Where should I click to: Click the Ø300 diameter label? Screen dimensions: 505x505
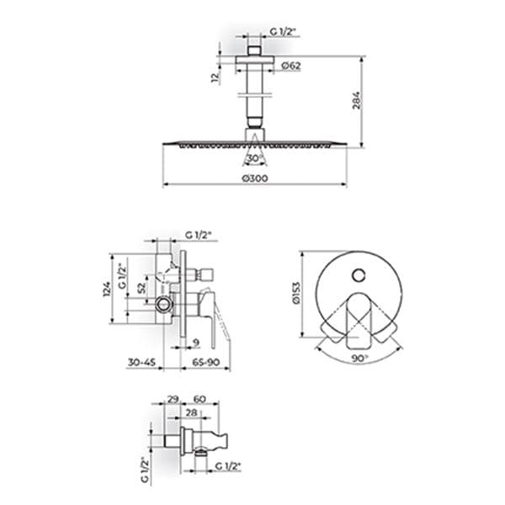click(x=255, y=178)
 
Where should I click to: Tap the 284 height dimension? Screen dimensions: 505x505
click(x=356, y=100)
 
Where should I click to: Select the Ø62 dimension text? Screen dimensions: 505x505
click(x=291, y=66)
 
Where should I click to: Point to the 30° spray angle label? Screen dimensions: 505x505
click(x=254, y=158)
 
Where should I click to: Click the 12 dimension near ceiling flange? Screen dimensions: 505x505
click(x=215, y=77)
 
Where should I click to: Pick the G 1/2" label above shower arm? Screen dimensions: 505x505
click(x=283, y=31)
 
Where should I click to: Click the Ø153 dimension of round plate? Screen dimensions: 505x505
click(x=296, y=293)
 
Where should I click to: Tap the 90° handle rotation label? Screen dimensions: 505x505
click(x=359, y=359)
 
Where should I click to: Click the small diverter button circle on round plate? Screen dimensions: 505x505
click(x=359, y=276)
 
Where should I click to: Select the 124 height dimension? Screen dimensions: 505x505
click(x=107, y=289)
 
